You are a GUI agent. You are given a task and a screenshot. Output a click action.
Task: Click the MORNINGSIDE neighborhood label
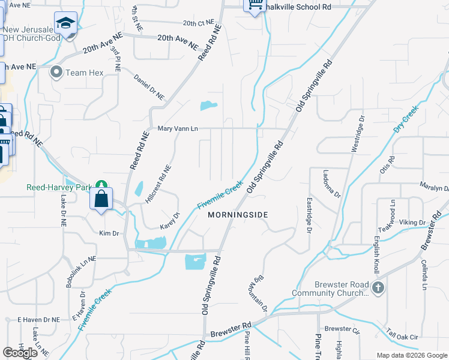point(237,214)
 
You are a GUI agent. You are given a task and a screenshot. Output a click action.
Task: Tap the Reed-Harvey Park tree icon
point(102,185)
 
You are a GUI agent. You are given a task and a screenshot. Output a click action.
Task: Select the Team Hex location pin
point(57,73)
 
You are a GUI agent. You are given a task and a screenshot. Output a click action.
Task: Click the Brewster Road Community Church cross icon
point(378,287)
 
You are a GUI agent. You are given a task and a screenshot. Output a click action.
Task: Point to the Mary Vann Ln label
point(178,128)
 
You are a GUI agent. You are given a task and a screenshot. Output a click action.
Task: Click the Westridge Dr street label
point(361,133)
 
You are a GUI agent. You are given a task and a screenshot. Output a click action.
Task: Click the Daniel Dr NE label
point(149,88)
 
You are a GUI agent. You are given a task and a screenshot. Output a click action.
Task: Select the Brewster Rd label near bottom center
point(231,329)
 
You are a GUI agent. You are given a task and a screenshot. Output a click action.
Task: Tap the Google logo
point(20,353)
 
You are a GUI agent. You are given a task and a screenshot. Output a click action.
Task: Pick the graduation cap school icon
point(65,23)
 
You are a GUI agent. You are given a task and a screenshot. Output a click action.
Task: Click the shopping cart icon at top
point(255,5)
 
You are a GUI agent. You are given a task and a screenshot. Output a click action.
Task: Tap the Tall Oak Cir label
point(402,337)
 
